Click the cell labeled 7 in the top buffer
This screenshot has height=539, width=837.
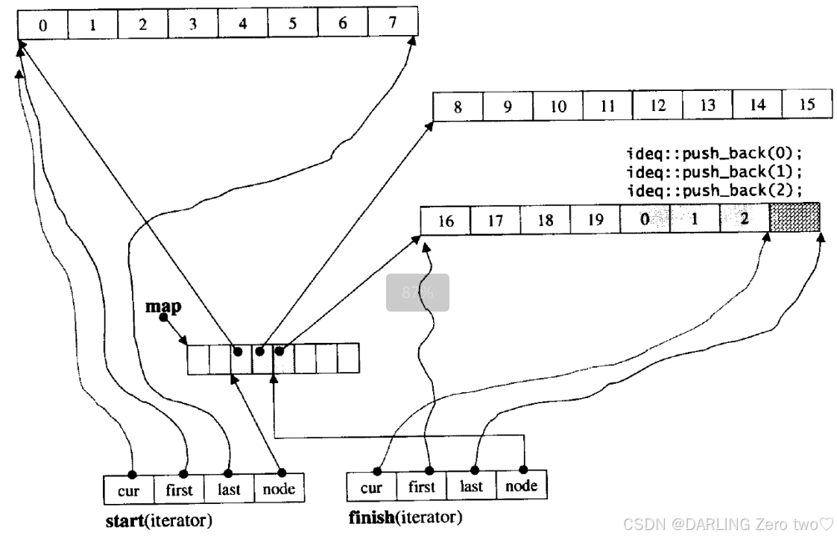pos(392,24)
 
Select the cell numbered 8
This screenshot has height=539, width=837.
pos(458,107)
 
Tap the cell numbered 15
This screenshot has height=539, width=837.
pos(807,104)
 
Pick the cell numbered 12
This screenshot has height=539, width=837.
pos(657,105)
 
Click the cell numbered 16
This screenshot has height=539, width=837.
pos(446,221)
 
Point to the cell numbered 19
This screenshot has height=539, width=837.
pos(595,221)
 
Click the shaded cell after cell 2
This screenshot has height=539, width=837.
pos(795,218)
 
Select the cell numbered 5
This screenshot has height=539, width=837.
pos(292,24)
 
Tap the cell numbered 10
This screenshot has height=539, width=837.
pos(558,106)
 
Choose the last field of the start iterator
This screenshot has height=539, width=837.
pos(229,489)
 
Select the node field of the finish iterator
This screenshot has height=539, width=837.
pos(521,486)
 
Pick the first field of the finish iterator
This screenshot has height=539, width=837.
pos(421,487)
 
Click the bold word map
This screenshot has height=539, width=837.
pos(163,306)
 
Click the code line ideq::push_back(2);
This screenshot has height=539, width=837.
pos(715,190)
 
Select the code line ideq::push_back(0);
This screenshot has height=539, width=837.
pos(715,155)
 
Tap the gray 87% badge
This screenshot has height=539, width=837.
pos(417,292)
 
